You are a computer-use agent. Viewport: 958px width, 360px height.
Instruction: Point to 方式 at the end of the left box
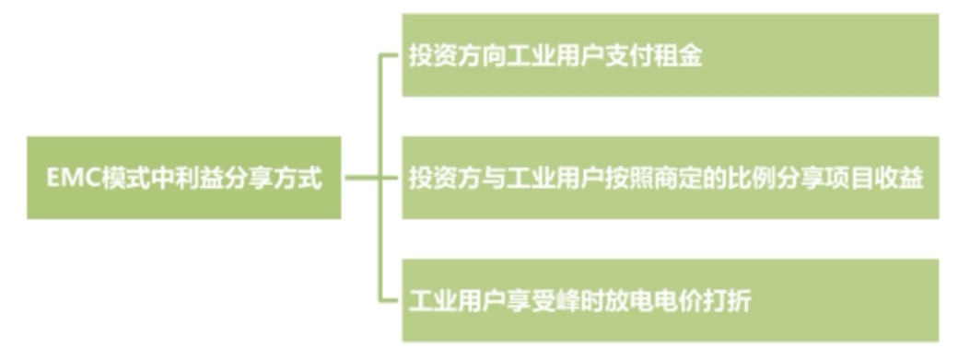(x=299, y=178)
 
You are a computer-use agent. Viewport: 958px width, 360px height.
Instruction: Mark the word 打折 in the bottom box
(x=729, y=300)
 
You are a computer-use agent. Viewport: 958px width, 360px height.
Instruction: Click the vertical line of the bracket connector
(x=380, y=120)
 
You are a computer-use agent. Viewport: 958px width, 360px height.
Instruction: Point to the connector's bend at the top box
(x=380, y=56)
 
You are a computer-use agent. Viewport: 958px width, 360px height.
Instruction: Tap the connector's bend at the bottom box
(x=380, y=299)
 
